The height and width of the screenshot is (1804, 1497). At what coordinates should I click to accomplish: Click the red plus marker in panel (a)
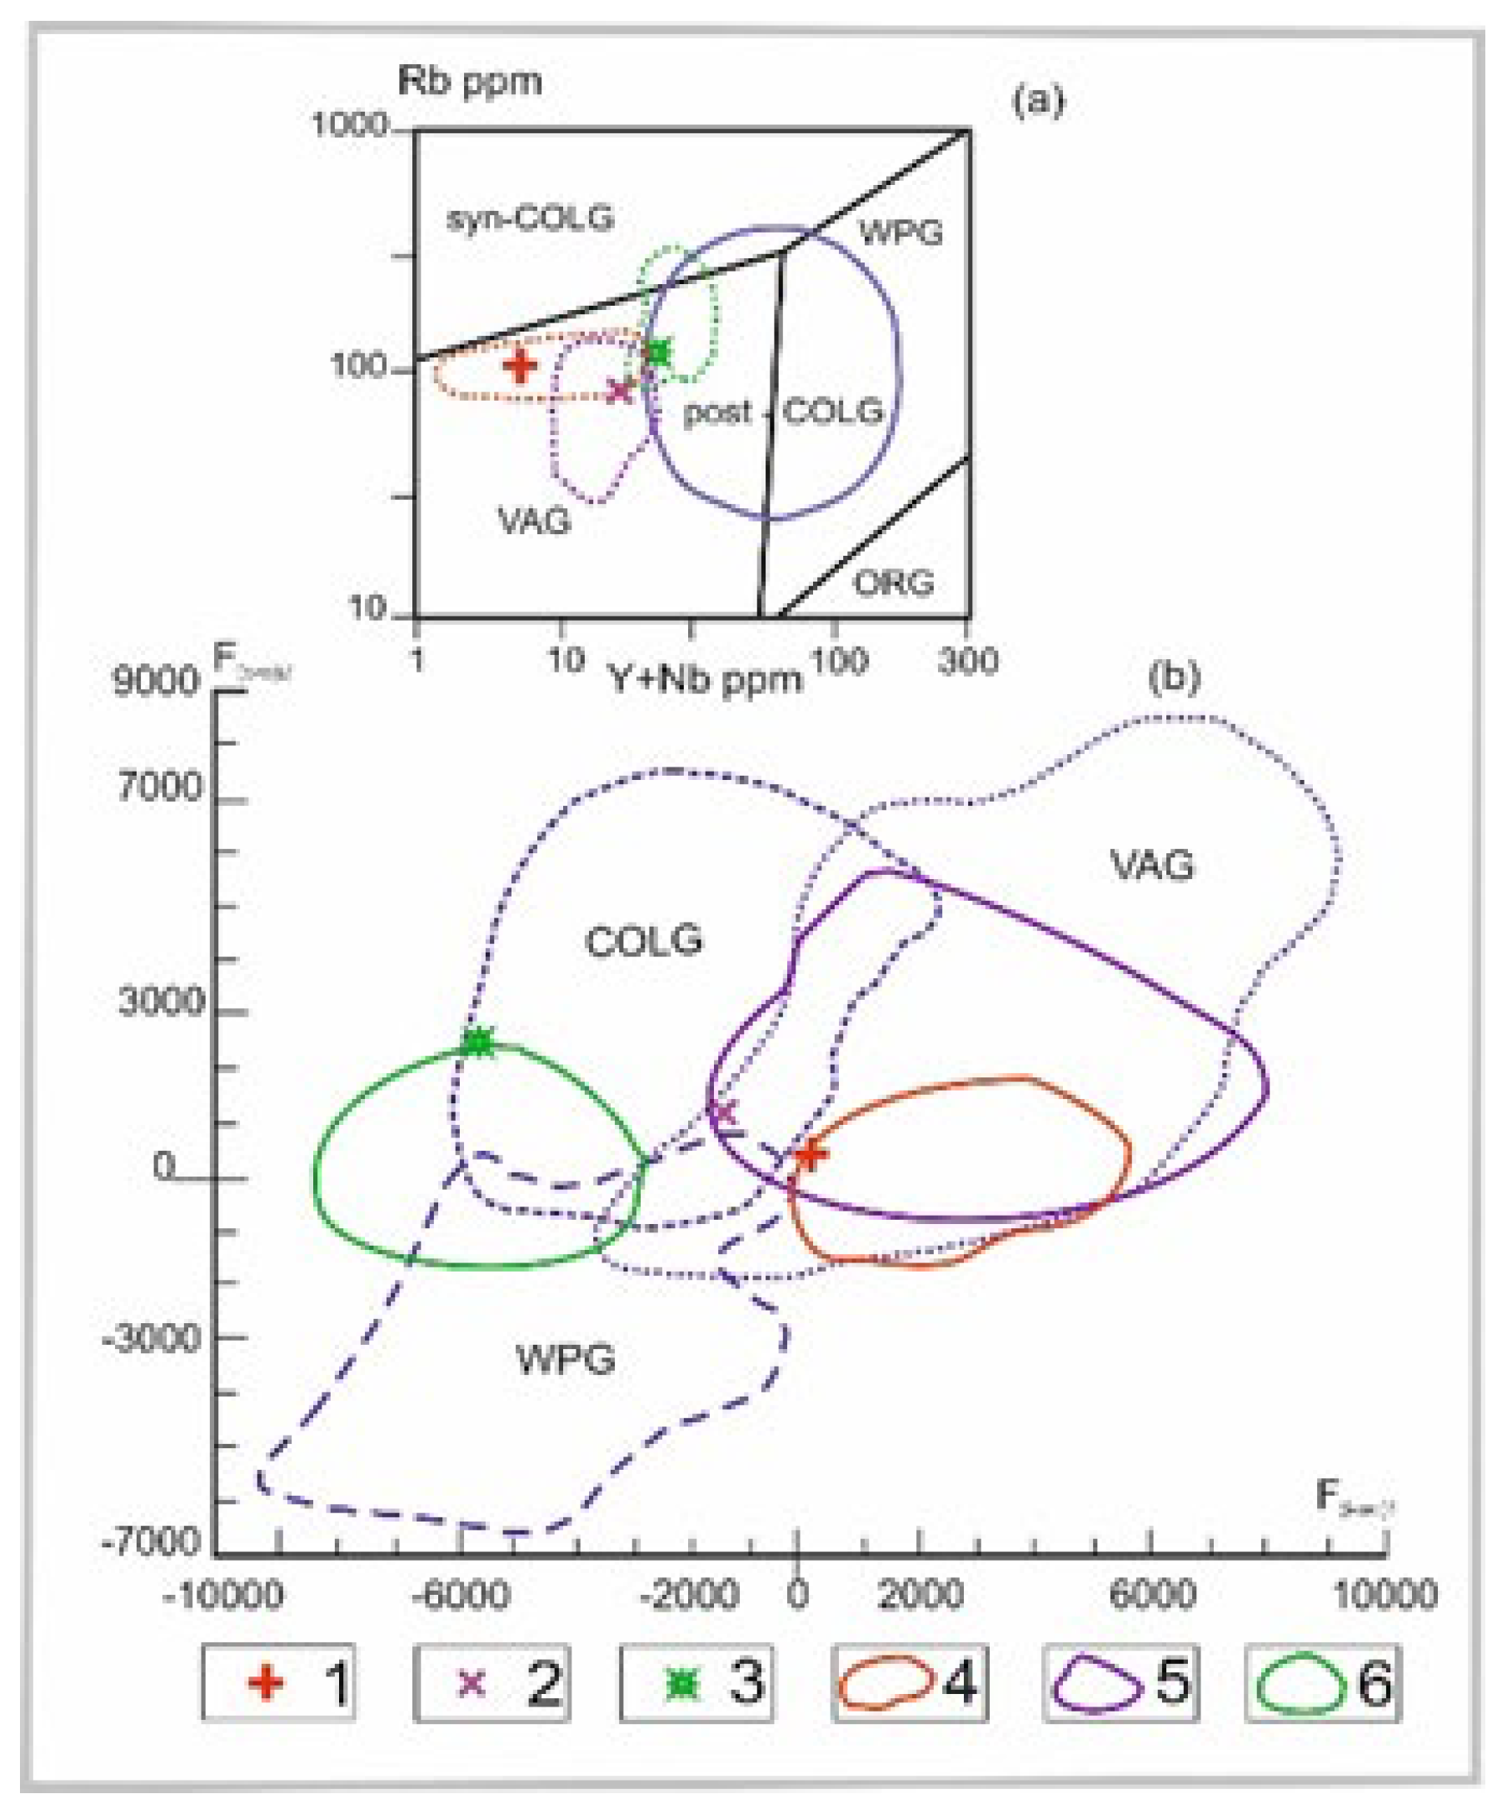coord(521,366)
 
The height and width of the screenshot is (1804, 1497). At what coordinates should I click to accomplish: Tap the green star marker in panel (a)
coord(659,352)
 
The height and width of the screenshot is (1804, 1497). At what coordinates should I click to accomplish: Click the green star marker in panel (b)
coord(479,1043)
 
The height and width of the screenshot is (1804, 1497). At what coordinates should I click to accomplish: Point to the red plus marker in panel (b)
coord(809,1156)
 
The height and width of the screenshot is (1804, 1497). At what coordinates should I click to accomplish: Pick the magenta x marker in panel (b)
coord(724,1113)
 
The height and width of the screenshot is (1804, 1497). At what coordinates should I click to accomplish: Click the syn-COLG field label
coord(530,219)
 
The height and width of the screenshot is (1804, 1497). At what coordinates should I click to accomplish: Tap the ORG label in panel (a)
coord(893,584)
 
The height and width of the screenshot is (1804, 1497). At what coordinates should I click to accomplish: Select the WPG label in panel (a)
coord(901,232)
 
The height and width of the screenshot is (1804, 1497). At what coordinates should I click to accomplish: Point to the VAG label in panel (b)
coord(1152,865)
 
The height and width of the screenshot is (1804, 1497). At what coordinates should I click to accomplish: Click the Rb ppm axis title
coord(470,82)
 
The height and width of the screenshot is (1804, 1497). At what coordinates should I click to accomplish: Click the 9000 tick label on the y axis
coord(156,682)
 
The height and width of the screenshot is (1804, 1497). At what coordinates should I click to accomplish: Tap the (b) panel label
coord(1173,677)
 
